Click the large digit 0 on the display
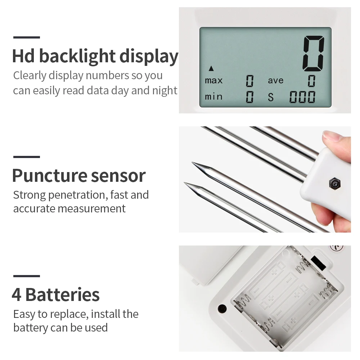[x=314, y=54]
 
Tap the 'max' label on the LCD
[x=214, y=80]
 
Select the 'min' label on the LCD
[x=213, y=96]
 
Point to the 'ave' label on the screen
[x=276, y=80]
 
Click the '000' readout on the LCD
[x=302, y=97]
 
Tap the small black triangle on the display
[x=211, y=68]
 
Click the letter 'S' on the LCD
[x=271, y=97]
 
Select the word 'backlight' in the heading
[x=77, y=56]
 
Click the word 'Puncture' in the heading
[x=50, y=176]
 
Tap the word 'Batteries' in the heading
[x=62, y=294]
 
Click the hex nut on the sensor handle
[x=334, y=184]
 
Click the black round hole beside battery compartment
[x=222, y=309]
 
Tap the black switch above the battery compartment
[x=318, y=263]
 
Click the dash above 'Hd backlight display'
[x=27, y=37]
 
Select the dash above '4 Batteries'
[x=27, y=276]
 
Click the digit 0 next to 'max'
[x=249, y=81]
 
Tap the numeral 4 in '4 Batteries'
[x=17, y=294]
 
